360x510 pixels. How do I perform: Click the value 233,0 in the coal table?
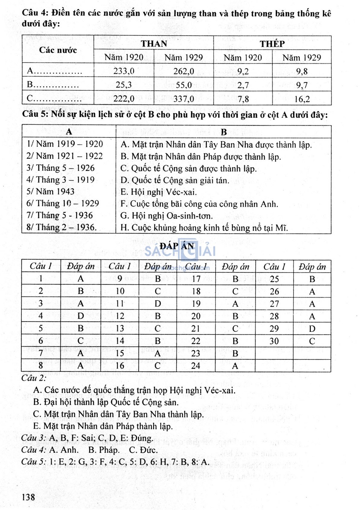(x=124, y=71)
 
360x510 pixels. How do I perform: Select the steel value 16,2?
(x=302, y=99)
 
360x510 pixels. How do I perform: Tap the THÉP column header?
(x=272, y=44)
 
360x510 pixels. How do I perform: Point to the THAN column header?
(x=154, y=44)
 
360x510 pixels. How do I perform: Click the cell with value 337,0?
(x=184, y=99)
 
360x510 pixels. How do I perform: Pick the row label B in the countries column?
(x=30, y=85)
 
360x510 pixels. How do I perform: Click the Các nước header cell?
(x=58, y=50)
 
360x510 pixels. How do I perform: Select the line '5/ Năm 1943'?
(x=50, y=192)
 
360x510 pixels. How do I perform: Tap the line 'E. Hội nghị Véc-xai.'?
(x=159, y=192)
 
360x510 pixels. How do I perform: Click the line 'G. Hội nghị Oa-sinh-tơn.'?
(x=166, y=216)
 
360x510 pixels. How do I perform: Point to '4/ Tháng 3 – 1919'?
(x=60, y=180)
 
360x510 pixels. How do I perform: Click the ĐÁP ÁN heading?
(x=177, y=246)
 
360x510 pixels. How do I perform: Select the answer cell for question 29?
(x=312, y=329)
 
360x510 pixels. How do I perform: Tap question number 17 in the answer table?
(x=196, y=279)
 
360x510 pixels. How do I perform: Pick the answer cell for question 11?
(x=158, y=304)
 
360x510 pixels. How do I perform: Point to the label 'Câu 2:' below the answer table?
(x=34, y=378)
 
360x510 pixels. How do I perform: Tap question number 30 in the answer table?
(x=274, y=341)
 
